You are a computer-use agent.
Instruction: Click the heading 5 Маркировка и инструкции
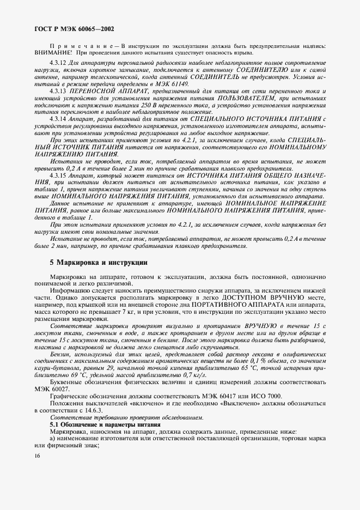coord(99,262)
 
